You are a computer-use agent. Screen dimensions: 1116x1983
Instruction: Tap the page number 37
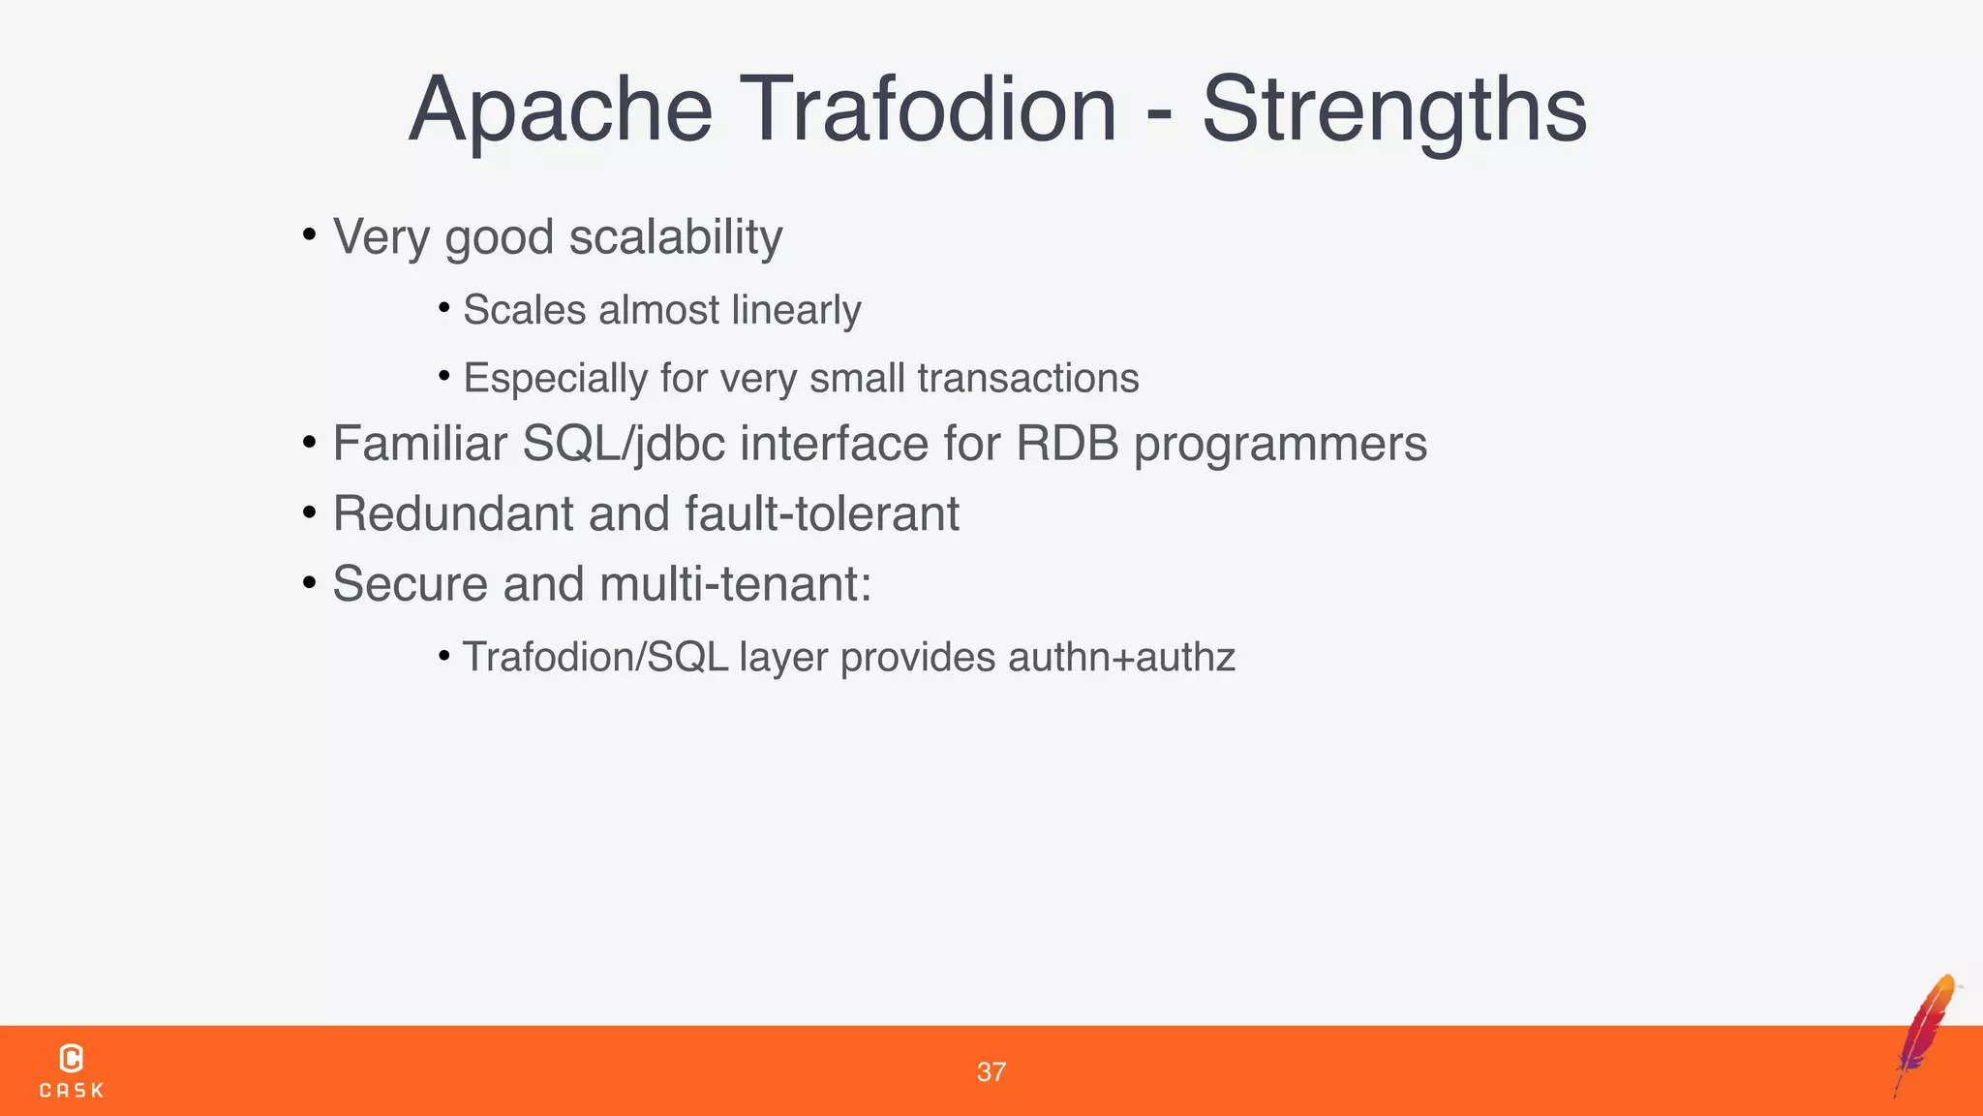coord(991,1071)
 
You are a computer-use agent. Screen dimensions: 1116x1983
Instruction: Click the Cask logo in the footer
coord(71,1070)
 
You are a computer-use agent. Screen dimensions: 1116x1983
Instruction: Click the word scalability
coord(675,236)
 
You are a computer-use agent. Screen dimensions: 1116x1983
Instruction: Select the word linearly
coord(796,310)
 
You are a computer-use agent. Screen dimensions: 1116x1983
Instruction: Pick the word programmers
coord(1280,444)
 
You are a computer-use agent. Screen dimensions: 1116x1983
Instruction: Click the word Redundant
coord(453,513)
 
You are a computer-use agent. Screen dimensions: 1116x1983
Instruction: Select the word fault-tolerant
coord(822,513)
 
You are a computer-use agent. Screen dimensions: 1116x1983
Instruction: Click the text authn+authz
coord(1121,657)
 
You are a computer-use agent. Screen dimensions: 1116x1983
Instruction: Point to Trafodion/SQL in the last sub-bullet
coord(595,657)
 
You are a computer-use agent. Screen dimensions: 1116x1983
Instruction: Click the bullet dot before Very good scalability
coord(309,234)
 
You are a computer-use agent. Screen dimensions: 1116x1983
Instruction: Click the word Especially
coord(555,378)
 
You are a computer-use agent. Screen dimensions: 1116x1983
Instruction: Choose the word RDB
coord(1067,444)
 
